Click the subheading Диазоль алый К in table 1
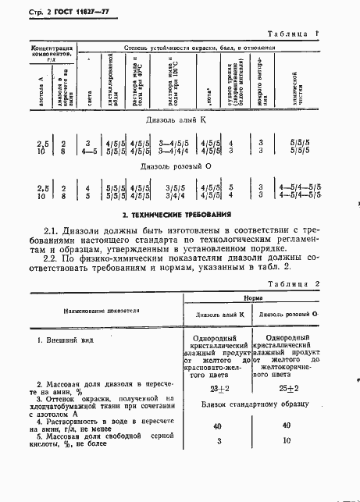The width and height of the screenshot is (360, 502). (x=180, y=121)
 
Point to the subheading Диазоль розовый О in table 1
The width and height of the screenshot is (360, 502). (x=180, y=167)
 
